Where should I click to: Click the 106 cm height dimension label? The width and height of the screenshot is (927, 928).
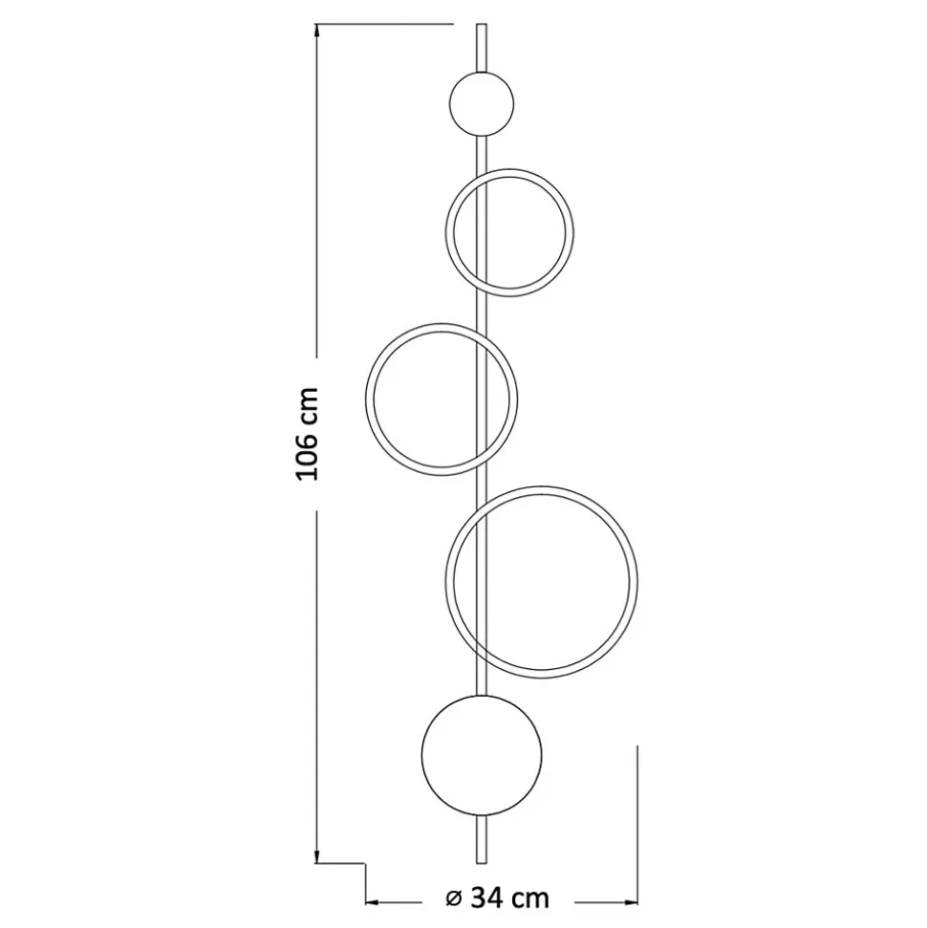coord(308,434)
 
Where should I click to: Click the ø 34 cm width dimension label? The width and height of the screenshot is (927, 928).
coord(497,898)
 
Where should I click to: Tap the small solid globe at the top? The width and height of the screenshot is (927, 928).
coord(482,105)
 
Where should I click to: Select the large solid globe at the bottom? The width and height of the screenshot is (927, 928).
coord(482,755)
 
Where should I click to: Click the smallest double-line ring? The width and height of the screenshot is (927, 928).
coord(446,232)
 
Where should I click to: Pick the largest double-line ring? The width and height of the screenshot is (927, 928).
coord(636,582)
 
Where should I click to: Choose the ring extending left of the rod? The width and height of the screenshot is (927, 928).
coord(367,399)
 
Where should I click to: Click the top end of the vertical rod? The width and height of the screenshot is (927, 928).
coord(482,24)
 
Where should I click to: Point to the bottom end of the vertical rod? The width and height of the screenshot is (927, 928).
coord(482,862)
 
